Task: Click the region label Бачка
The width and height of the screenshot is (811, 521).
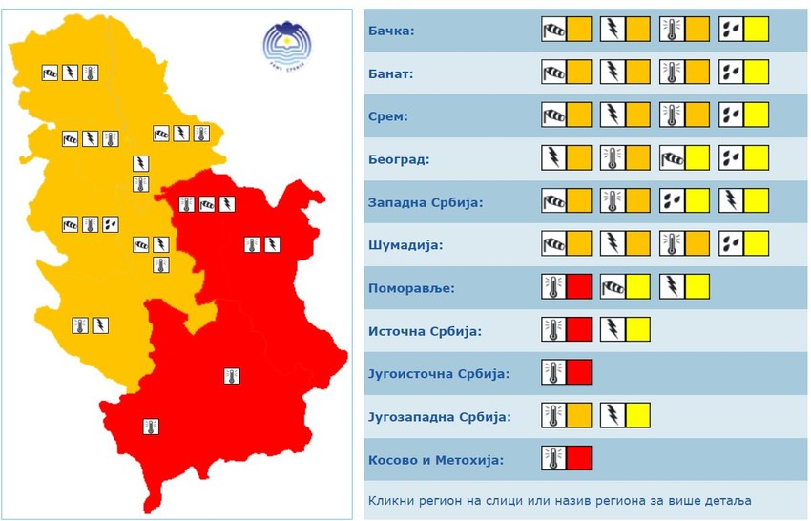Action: [390, 31]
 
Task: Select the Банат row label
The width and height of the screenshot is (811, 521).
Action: [390, 73]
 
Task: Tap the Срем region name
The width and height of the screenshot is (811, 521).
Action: [387, 116]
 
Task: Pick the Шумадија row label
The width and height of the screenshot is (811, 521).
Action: [404, 245]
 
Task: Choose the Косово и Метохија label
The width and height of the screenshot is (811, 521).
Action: [435, 460]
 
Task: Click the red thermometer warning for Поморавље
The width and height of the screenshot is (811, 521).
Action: [567, 286]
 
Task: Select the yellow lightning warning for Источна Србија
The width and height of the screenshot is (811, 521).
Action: [625, 329]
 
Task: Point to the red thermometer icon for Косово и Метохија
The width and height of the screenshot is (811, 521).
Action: [567, 458]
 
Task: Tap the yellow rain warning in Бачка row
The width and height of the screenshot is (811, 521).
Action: [743, 29]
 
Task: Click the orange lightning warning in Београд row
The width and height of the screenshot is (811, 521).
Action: [567, 157]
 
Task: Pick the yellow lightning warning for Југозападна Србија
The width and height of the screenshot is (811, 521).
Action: [625, 415]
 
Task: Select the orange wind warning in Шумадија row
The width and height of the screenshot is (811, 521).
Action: [567, 243]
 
